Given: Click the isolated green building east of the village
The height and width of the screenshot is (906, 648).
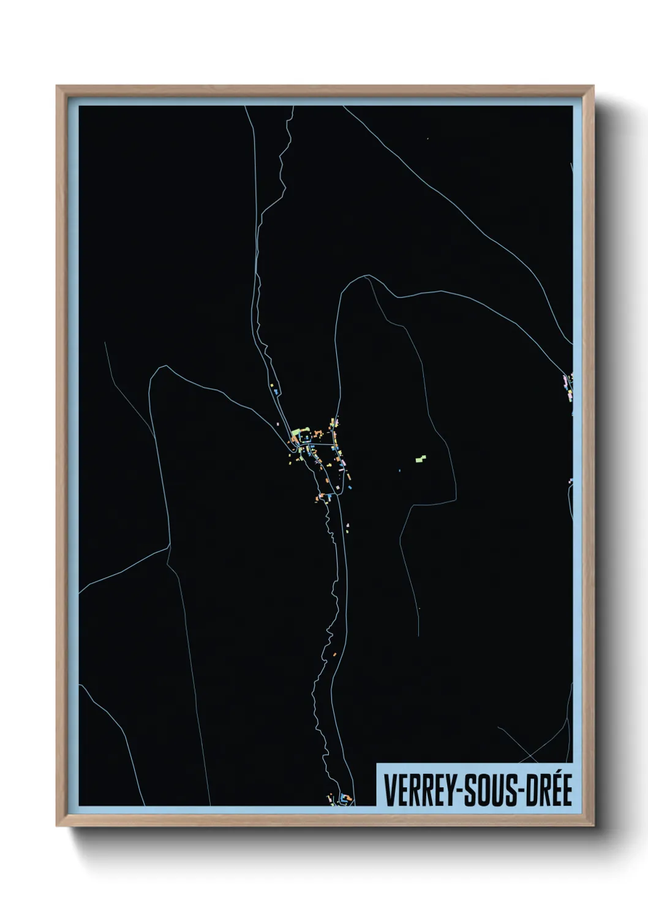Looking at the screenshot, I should tap(420, 457).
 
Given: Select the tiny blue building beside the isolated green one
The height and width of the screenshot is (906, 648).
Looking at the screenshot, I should tap(399, 470).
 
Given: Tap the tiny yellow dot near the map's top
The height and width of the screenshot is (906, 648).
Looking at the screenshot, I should tap(429, 140).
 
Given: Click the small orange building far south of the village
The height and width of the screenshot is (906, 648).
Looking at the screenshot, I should tap(336, 654).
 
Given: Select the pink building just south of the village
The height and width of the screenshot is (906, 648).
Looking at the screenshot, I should tap(347, 525).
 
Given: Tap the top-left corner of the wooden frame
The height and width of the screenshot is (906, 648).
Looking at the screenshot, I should tap(57, 86).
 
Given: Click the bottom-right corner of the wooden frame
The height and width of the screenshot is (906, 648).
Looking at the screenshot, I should tap(593, 825).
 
